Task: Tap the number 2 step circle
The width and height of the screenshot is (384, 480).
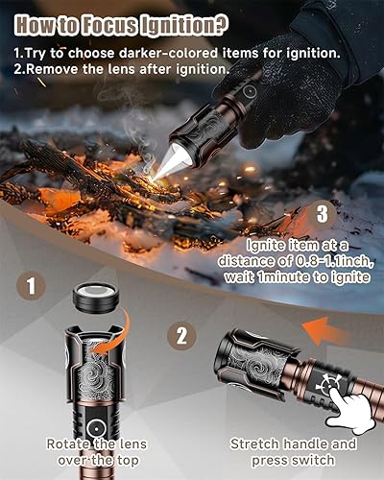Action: [x=180, y=335]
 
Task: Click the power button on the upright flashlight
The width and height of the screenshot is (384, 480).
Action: [x=95, y=424]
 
